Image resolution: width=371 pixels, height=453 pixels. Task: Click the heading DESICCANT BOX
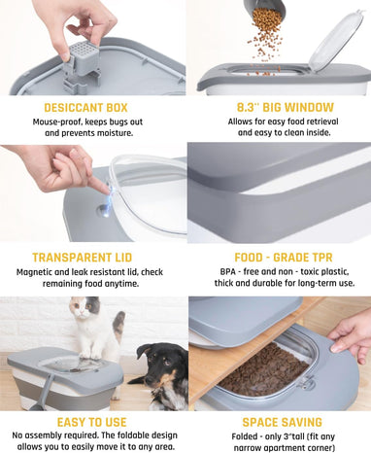click(85, 108)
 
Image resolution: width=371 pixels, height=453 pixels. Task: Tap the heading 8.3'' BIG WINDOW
click(286, 107)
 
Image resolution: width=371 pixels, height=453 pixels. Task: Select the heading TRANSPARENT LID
click(83, 258)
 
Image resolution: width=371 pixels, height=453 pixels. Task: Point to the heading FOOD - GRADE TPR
click(284, 258)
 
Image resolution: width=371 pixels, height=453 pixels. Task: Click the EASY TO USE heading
click(91, 422)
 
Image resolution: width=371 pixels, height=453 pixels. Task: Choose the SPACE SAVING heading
click(283, 422)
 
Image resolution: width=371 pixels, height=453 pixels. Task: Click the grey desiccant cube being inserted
click(81, 58)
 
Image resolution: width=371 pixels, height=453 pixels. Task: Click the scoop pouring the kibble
click(264, 9)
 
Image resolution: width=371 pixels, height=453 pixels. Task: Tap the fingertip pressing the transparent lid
click(104, 189)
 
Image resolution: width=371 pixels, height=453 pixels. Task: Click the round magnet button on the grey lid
click(104, 211)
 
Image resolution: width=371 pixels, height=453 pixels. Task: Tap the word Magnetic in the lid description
click(34, 272)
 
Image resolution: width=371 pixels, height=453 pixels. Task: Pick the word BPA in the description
click(228, 271)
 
